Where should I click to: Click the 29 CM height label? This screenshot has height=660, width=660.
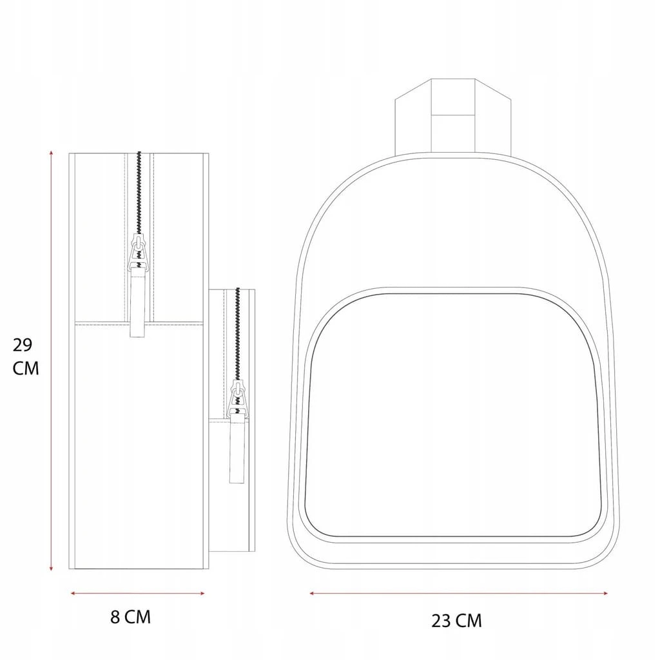tap(25, 356)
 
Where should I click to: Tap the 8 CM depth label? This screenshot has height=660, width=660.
tap(130, 617)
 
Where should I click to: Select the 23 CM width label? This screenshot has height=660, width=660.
tap(456, 621)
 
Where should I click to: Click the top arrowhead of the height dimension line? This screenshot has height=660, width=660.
tap(52, 153)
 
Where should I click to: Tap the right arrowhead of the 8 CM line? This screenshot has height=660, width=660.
tap(202, 594)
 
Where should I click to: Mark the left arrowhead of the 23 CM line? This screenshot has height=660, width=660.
tap(313, 594)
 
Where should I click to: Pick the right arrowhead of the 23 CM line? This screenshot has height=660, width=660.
tap(605, 594)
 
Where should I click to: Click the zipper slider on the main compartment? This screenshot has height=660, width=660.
tap(138, 251)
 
